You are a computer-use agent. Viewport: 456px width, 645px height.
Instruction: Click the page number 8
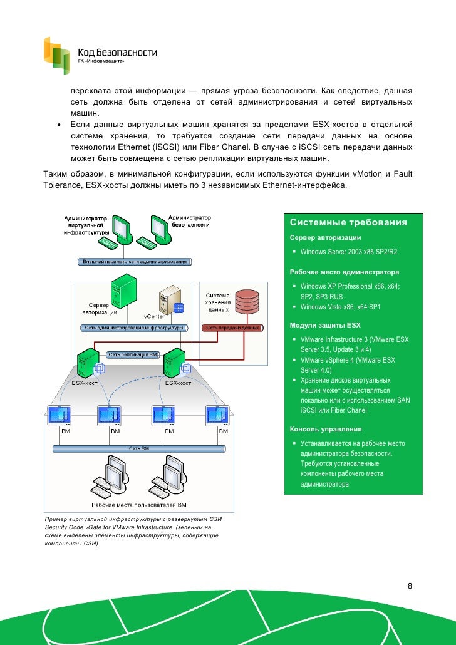coord(410,586)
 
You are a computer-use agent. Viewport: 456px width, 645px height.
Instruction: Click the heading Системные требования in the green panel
coord(348,223)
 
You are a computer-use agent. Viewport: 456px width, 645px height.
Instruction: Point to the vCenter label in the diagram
coord(154,316)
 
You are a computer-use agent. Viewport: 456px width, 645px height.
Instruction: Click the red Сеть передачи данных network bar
coord(231,328)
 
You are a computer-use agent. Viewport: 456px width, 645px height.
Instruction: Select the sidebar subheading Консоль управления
coord(326,430)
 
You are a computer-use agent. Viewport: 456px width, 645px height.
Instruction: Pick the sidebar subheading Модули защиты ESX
coord(325,326)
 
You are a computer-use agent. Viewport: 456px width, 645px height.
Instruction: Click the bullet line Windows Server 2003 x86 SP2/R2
coord(349,252)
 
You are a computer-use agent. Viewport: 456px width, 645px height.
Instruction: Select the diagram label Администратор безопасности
coord(190,220)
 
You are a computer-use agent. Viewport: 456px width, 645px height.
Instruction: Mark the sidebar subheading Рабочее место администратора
coord(344,273)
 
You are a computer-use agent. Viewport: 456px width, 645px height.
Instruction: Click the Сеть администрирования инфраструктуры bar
coord(134,328)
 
